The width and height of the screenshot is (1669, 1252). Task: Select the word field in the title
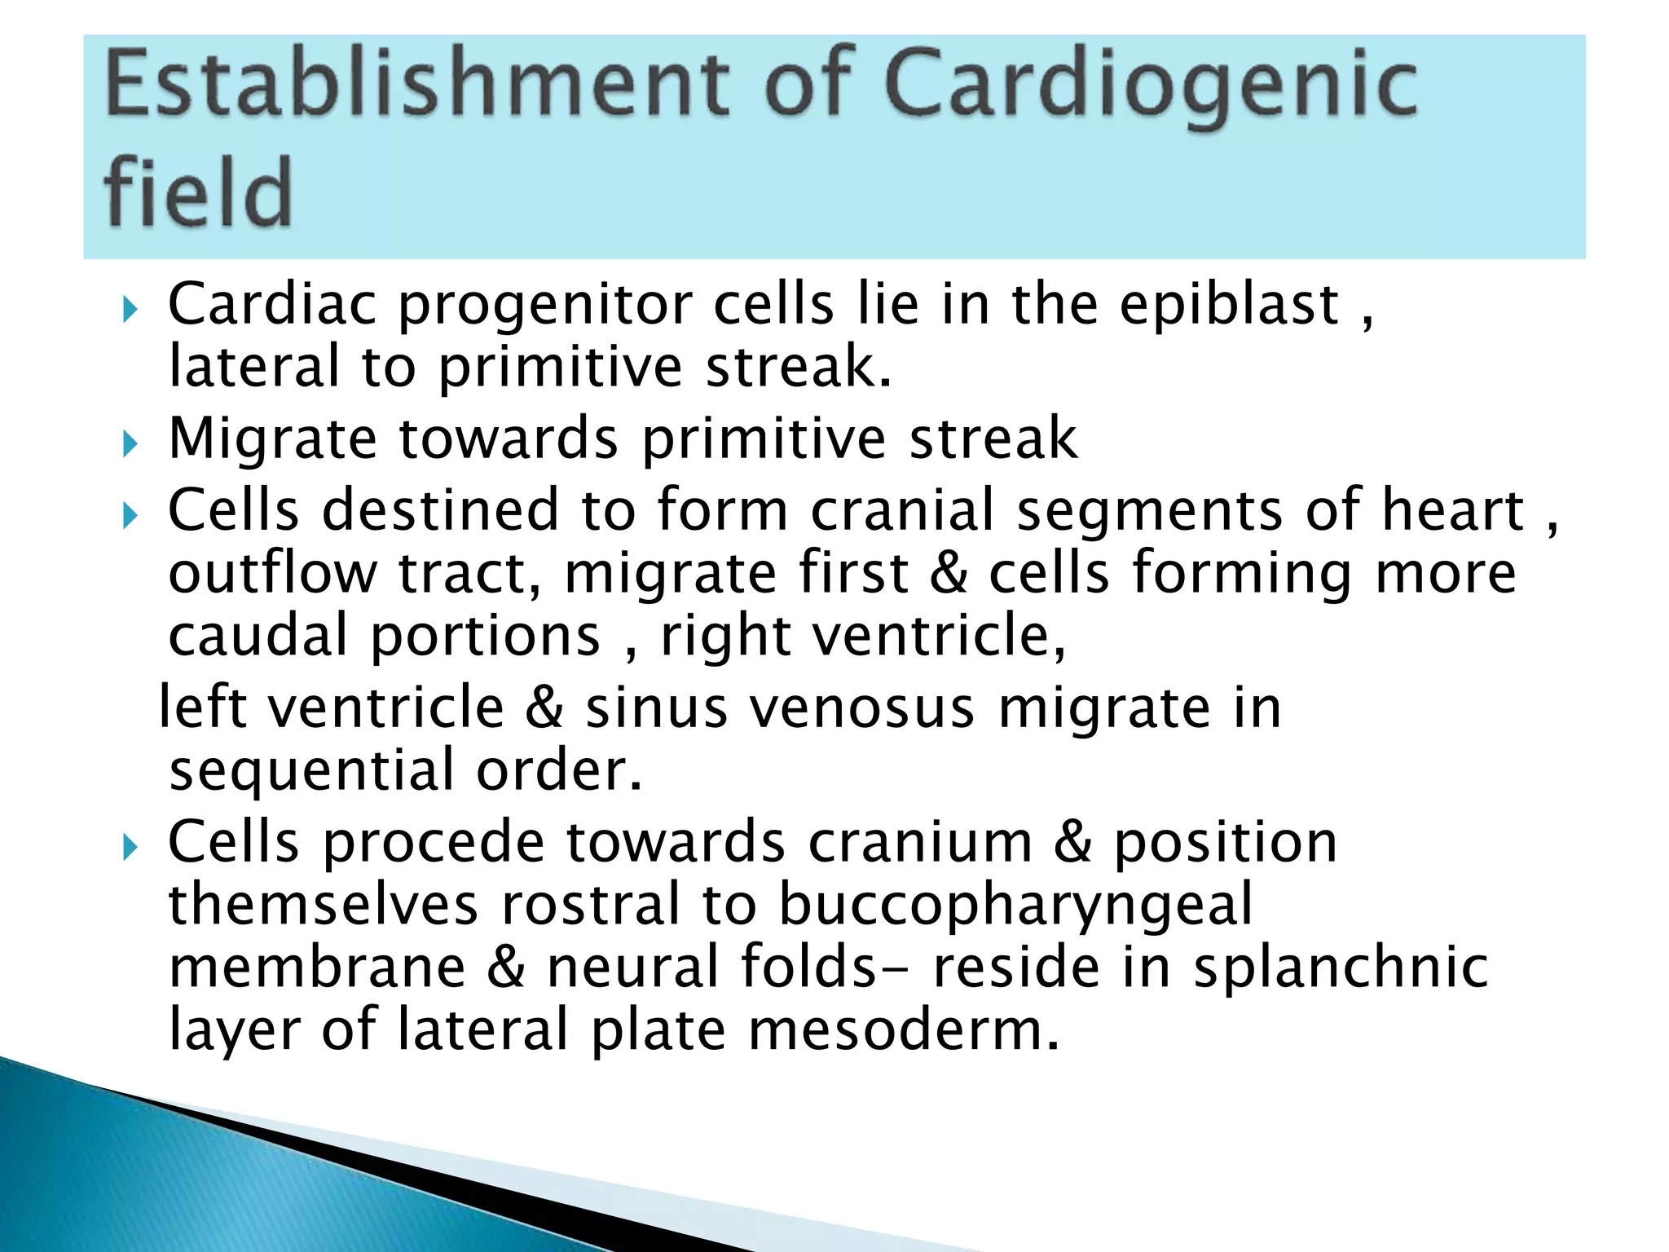(x=198, y=194)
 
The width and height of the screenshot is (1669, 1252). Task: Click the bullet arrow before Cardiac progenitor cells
(x=130, y=310)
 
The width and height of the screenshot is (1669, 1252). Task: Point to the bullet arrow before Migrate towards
(x=130, y=444)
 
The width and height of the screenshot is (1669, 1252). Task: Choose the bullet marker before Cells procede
(x=130, y=848)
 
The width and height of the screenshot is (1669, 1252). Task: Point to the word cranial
(x=903, y=511)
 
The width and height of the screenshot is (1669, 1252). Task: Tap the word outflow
(x=272, y=573)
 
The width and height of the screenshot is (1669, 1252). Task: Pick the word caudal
(x=258, y=636)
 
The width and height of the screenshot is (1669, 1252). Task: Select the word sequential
(x=311, y=772)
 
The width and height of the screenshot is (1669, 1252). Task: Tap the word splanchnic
(x=1341, y=968)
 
